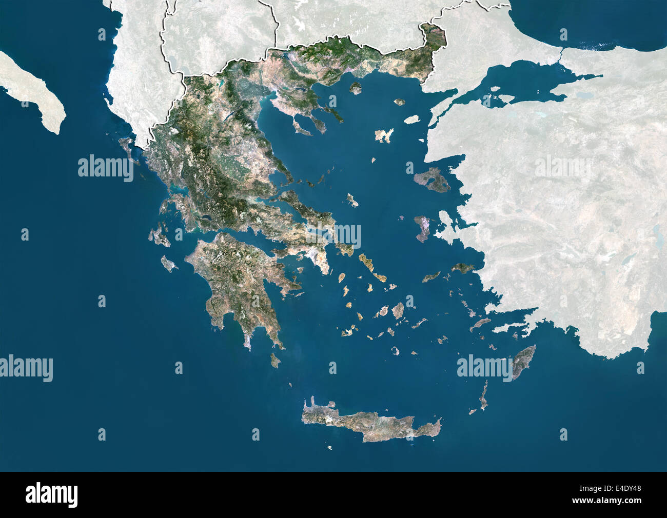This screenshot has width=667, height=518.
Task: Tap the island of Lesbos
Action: click(x=432, y=180)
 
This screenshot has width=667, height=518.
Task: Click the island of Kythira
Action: click(x=276, y=361)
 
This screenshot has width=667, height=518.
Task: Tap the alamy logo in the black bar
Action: click(x=51, y=495)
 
